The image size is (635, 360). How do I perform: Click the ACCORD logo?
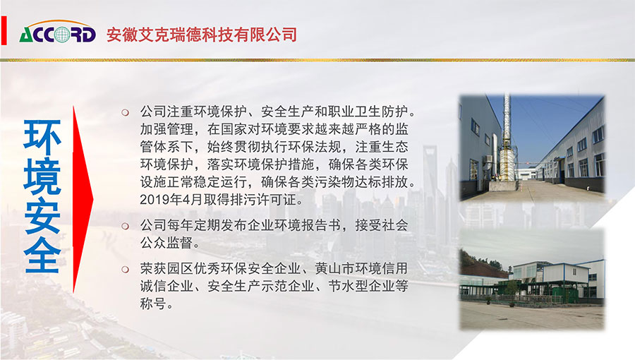click(x=58, y=32)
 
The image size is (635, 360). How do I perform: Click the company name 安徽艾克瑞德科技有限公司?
click(x=202, y=35)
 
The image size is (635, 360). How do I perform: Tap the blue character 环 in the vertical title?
click(x=42, y=138)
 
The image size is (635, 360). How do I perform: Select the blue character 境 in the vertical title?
click(x=42, y=176)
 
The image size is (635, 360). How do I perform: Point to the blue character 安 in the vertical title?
click(x=42, y=216)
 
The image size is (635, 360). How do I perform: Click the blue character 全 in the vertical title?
click(x=42, y=255)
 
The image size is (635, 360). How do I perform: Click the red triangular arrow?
click(x=83, y=199)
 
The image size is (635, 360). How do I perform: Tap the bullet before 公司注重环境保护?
click(x=126, y=112)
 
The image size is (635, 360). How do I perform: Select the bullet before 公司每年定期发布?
click(x=126, y=226)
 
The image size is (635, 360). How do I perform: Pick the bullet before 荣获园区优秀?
click(x=126, y=269)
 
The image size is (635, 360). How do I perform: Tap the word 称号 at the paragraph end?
click(x=153, y=304)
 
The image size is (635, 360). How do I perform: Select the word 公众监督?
click(x=167, y=243)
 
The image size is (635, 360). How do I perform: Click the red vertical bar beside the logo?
click(x=4, y=30)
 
